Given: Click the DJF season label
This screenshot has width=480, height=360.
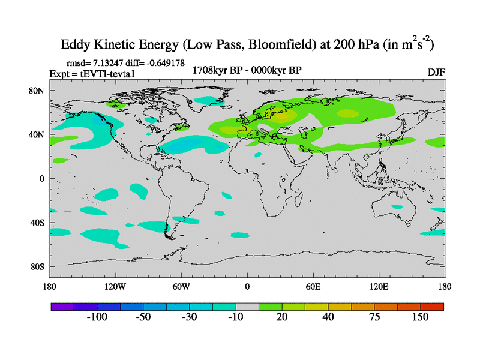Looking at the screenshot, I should click(436, 71).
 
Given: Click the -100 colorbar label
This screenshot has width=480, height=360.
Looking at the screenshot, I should click(96, 317).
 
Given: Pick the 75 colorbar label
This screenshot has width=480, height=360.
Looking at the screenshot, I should click(374, 317).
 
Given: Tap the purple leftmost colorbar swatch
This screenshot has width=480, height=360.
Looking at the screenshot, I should click(62, 307).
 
